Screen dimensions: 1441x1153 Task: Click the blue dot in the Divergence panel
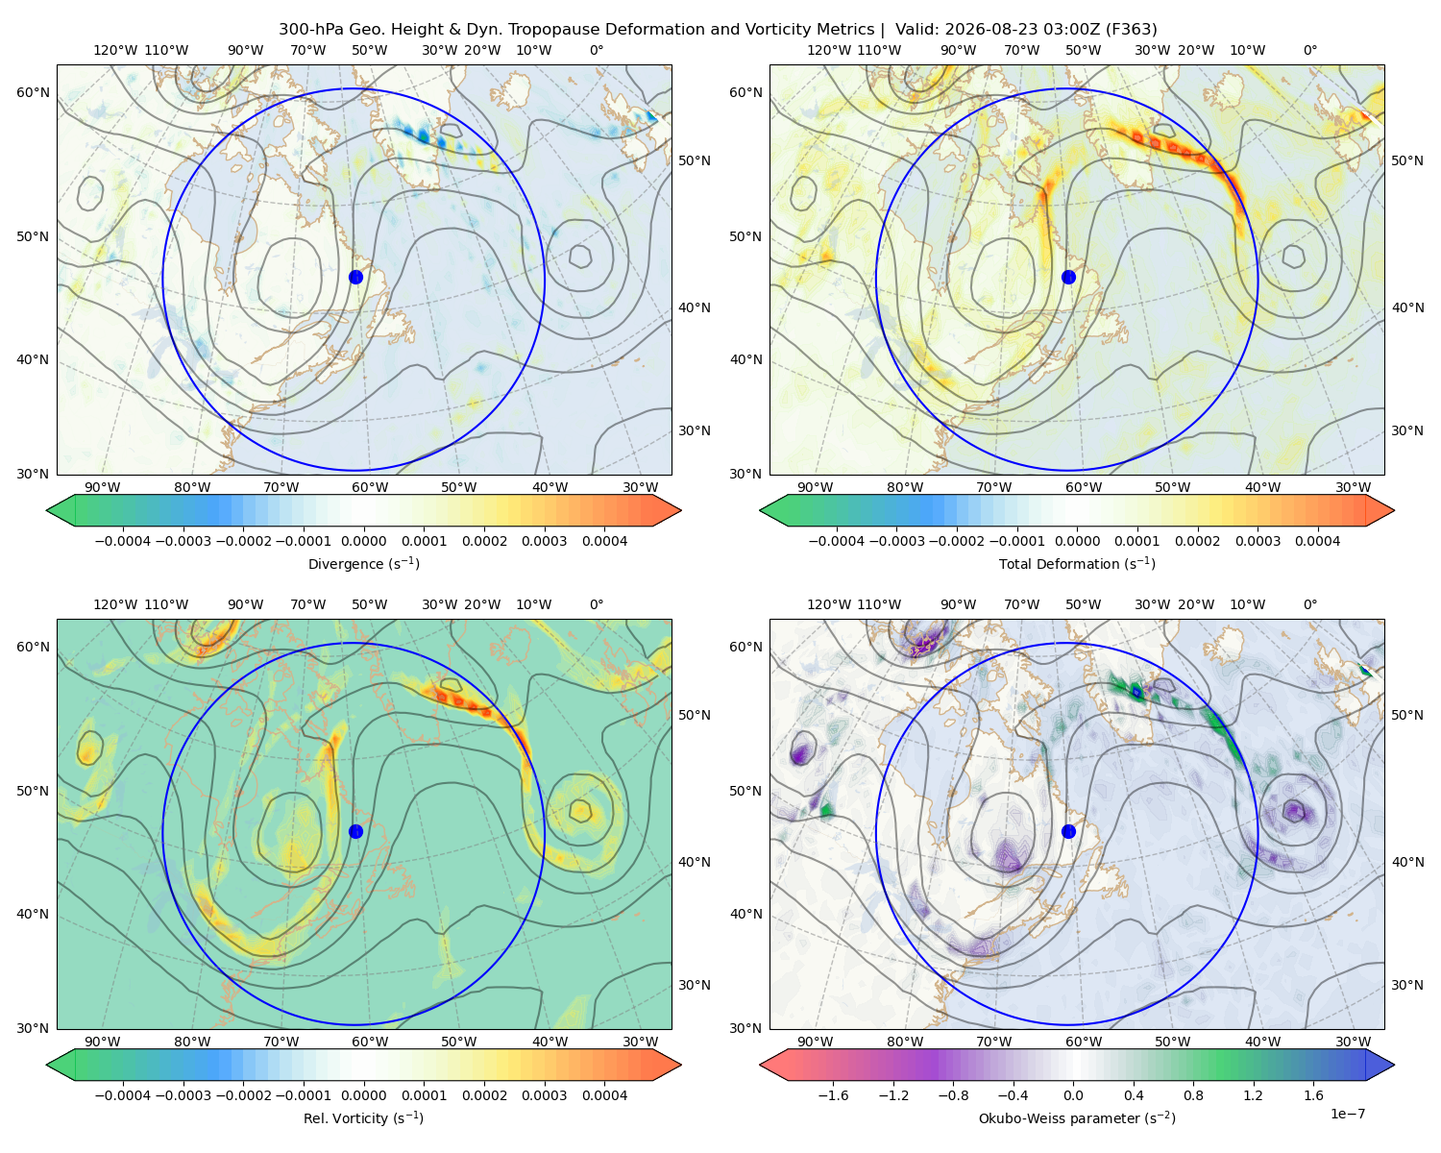click(x=355, y=277)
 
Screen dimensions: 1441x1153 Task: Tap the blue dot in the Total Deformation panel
click(x=1068, y=277)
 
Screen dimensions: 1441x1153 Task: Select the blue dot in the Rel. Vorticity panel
click(x=355, y=831)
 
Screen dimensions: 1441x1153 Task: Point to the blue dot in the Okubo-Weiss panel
click(x=1068, y=831)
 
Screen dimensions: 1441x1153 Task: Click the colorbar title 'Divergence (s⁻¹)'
click(x=363, y=563)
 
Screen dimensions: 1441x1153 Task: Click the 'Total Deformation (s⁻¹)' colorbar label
click(x=1077, y=563)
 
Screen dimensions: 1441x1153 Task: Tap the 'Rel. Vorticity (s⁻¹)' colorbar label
click(x=363, y=1117)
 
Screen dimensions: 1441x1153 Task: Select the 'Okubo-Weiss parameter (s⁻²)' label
click(x=1077, y=1117)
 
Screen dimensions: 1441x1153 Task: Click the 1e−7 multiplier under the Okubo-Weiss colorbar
click(x=1347, y=1114)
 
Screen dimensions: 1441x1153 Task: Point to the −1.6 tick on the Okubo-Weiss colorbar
click(x=833, y=1094)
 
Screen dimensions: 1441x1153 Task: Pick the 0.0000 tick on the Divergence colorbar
click(x=363, y=541)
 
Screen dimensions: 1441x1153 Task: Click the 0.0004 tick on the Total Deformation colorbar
click(x=1317, y=541)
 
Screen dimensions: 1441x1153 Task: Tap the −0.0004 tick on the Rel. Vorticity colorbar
click(x=123, y=1094)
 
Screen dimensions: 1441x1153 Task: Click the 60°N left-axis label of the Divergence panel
click(x=33, y=92)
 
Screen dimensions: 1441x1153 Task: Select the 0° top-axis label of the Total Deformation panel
click(x=1309, y=50)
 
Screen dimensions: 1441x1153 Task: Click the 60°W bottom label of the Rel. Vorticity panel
click(x=370, y=1042)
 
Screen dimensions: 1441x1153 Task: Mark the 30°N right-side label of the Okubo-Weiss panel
click(x=1406, y=984)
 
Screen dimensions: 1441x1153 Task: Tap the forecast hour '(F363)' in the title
click(x=1131, y=30)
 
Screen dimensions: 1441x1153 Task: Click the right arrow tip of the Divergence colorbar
click(x=680, y=510)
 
